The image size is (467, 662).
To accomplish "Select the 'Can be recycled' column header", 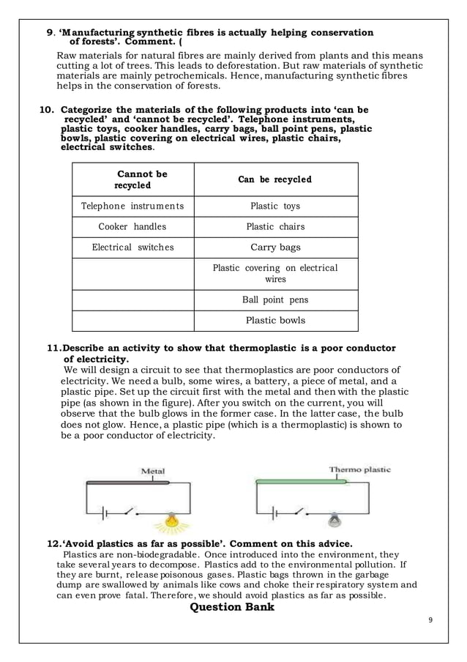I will (275, 179).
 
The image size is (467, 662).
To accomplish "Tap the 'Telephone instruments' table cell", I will (132, 207).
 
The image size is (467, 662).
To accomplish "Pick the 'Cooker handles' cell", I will (132, 227).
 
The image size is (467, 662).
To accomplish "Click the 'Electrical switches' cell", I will (132, 248).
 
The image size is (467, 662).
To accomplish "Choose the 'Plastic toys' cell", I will (275, 207).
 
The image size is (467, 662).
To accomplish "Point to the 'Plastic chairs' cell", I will (275, 227).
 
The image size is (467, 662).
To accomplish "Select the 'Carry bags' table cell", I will (275, 248).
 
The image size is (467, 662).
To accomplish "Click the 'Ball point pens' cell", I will (275, 300).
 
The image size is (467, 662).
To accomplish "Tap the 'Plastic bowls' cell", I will (275, 320).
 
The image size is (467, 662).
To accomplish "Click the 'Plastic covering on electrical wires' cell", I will (275, 273).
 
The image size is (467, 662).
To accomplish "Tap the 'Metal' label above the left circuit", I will (152, 471).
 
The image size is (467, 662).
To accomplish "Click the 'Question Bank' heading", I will (232, 607).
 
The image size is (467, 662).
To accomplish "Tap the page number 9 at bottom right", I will (430, 621).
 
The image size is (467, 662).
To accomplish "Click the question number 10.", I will (46, 110).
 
